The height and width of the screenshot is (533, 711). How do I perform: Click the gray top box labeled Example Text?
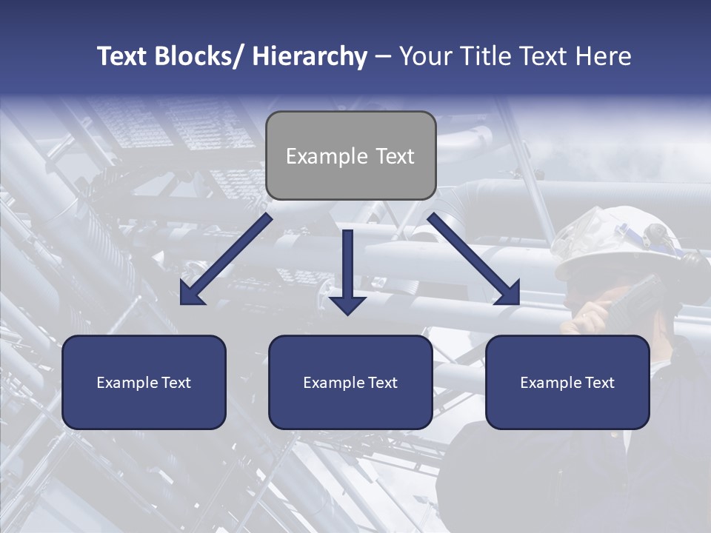click(350, 155)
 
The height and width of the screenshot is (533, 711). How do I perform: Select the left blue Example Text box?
click(144, 382)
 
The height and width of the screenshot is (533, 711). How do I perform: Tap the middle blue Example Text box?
click(350, 382)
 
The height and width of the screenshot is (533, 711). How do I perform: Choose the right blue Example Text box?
click(567, 382)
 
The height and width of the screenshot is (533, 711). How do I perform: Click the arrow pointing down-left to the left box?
click(226, 260)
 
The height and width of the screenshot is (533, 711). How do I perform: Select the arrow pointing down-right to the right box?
click(474, 260)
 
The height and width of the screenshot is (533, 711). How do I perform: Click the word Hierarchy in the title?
click(310, 56)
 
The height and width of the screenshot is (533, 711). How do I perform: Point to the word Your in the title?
click(424, 56)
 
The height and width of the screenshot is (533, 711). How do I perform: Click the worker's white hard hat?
click(622, 241)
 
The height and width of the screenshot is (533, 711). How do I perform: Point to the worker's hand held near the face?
click(589, 320)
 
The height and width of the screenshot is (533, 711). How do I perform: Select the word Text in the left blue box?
click(176, 383)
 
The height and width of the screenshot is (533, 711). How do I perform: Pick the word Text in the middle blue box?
click(383, 383)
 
